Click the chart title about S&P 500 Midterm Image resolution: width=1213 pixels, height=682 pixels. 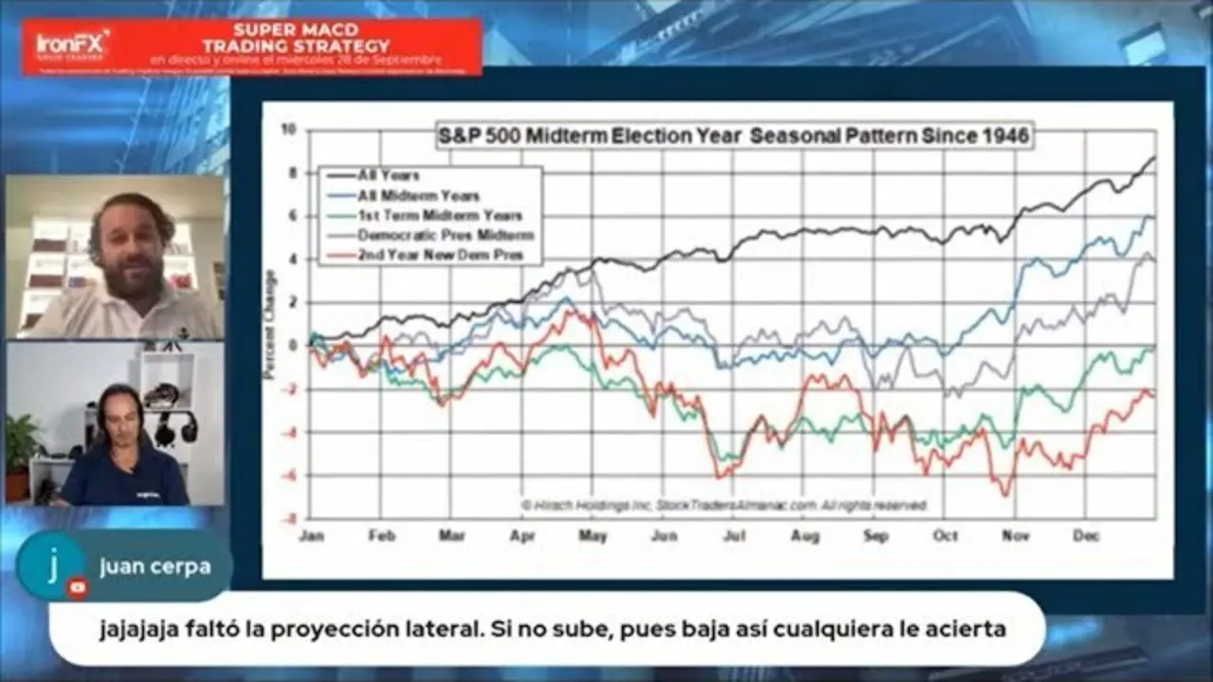click(x=733, y=135)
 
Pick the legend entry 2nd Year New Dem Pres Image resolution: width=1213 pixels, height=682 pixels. click(x=434, y=256)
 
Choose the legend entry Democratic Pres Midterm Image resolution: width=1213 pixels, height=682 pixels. click(x=444, y=235)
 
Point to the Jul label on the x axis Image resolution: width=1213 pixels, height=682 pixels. click(x=734, y=535)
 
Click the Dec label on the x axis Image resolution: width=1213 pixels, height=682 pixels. click(x=1087, y=535)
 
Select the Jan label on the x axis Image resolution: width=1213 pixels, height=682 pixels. click(x=312, y=535)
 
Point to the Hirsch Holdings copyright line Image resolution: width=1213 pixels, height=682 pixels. click(x=723, y=506)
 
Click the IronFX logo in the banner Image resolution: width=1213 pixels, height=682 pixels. click(x=72, y=44)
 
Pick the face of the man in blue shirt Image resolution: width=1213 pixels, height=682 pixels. click(x=119, y=416)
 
